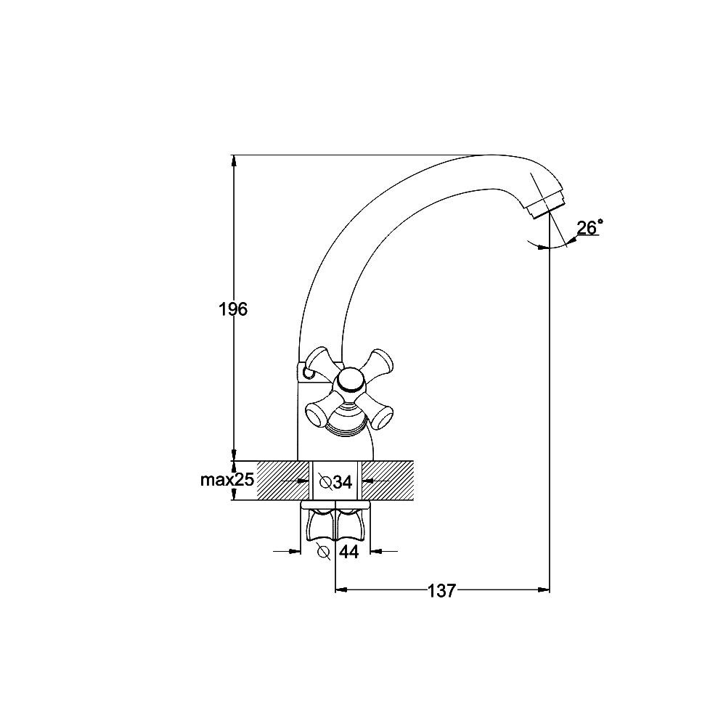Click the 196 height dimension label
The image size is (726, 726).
point(233,309)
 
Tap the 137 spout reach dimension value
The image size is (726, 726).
point(441,590)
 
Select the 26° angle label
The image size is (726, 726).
point(590,227)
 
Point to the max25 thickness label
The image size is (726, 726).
point(227,480)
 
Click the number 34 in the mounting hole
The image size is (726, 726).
point(343,483)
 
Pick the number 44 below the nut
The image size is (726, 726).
point(349,552)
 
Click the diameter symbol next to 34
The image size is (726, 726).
point(325,483)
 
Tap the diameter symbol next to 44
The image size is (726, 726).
point(323,552)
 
